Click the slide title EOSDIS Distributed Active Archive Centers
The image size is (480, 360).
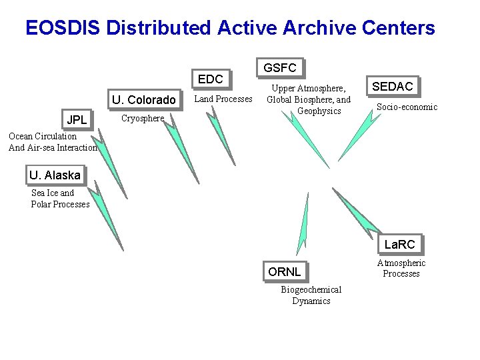tap(230, 28)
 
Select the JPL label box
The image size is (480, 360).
tap(77, 121)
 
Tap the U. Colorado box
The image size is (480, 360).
tap(143, 100)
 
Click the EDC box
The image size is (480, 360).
tap(211, 79)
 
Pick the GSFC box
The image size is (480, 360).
tap(279, 67)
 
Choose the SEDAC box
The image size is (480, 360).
tap(392, 86)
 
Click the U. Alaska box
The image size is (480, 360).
tap(55, 175)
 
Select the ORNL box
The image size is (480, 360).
tap(284, 271)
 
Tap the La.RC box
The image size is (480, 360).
tap(399, 245)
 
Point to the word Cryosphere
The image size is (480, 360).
tap(142, 119)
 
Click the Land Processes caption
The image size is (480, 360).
tap(223, 99)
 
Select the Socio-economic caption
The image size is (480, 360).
tap(407, 107)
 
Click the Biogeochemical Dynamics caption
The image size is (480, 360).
tap(311, 295)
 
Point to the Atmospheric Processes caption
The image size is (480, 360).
tap(401, 268)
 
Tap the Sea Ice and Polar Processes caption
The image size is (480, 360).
tap(60, 199)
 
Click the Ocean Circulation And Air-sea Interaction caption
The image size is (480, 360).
tap(53, 142)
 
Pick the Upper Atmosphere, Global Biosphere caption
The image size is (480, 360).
tap(309, 99)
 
